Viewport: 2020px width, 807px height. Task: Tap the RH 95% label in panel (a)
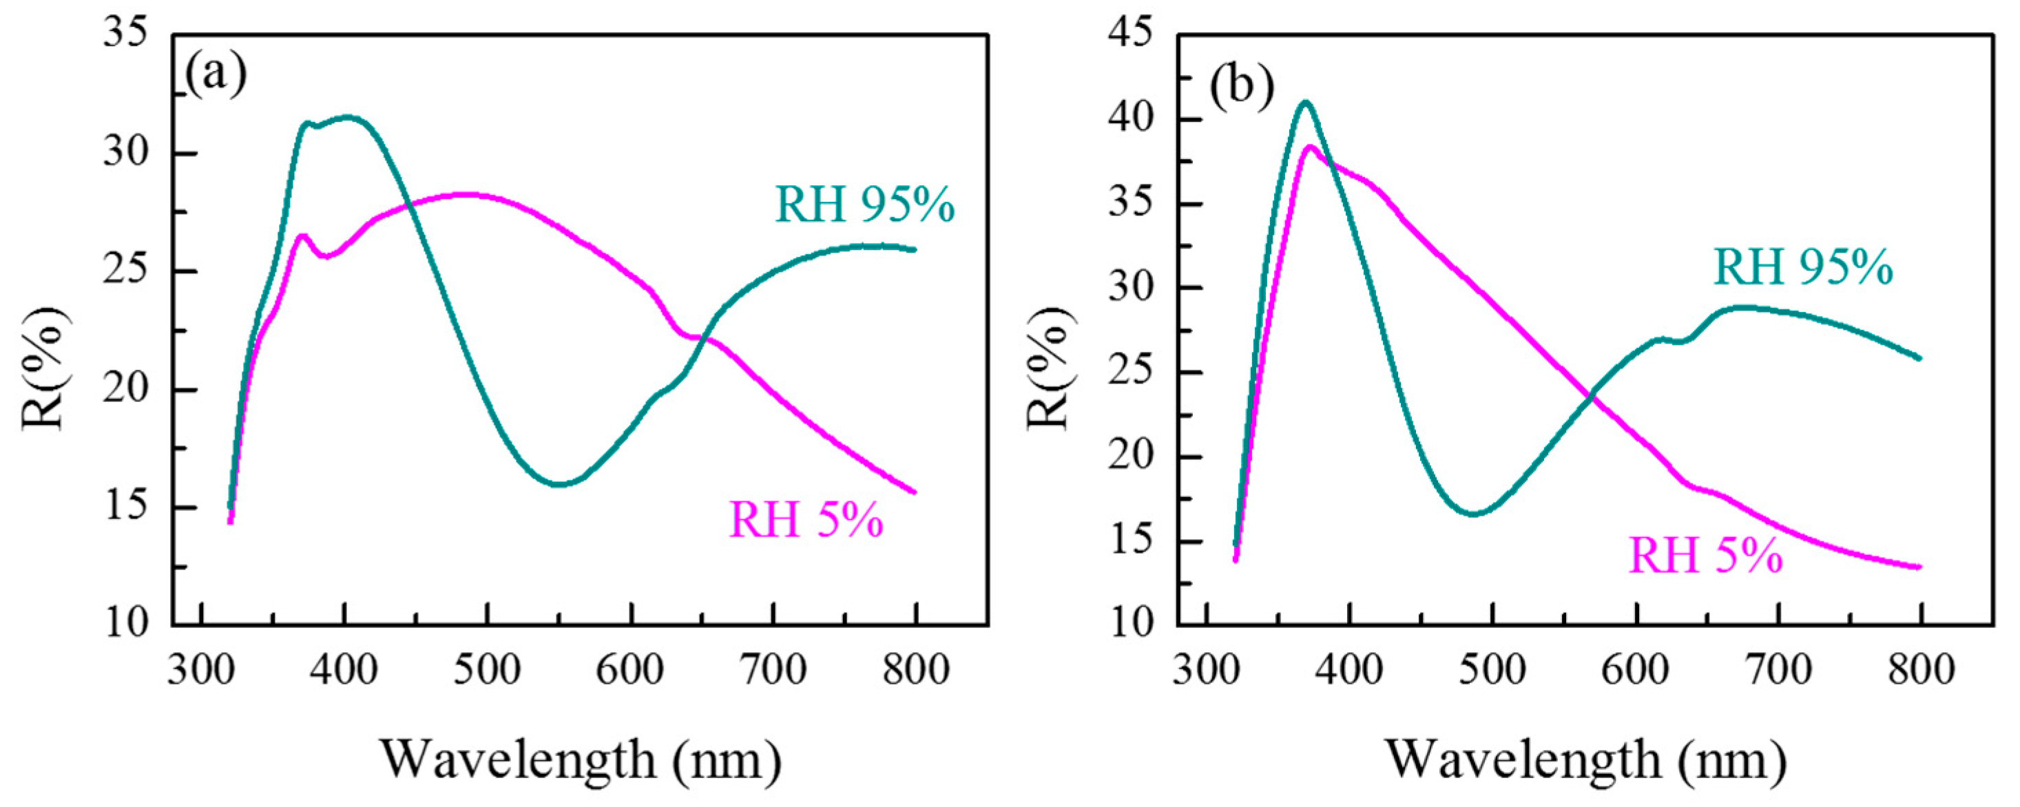(865, 205)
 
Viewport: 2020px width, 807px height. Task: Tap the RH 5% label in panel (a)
(806, 520)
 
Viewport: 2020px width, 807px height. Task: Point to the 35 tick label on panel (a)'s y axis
(125, 34)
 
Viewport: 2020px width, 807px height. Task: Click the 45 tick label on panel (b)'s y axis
(1131, 34)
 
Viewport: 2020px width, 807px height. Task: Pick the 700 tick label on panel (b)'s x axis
(1780, 671)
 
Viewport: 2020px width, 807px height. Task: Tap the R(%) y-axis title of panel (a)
(45, 368)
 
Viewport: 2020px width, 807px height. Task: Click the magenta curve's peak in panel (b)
(1309, 147)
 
